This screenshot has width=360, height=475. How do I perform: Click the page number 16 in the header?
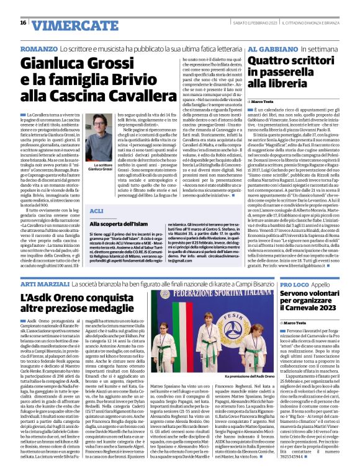tap(24, 23)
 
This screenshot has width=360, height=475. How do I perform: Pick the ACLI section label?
tap(97, 211)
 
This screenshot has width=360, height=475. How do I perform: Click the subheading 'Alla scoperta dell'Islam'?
tap(119, 223)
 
